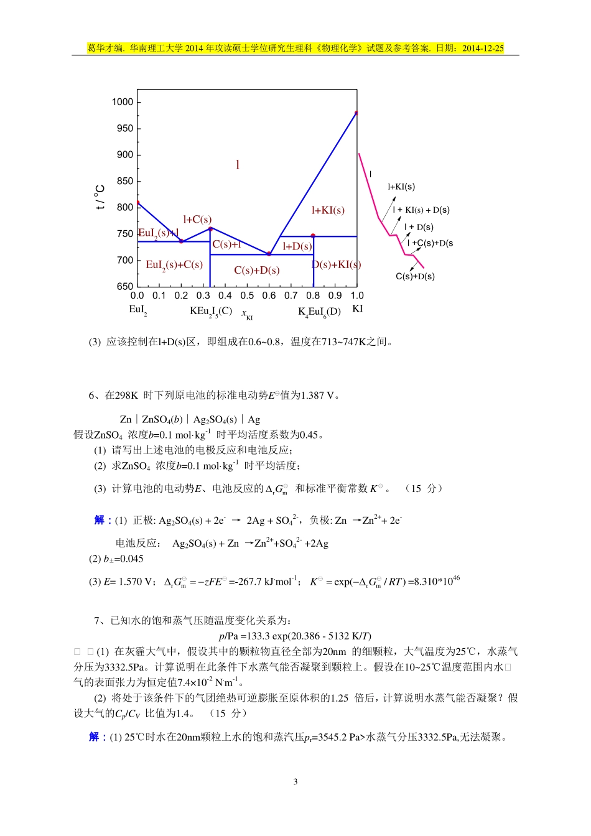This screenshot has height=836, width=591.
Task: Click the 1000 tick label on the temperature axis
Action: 123,102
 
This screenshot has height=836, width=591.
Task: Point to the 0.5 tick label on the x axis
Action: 247,296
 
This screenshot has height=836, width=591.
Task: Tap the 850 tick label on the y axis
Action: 124,181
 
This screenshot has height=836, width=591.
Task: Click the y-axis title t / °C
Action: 100,197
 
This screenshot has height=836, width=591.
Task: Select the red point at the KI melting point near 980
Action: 356,113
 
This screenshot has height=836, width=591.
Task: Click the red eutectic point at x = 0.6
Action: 269,254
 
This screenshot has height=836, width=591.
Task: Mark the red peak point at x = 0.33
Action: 210,229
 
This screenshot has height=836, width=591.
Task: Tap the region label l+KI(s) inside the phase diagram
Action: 328,210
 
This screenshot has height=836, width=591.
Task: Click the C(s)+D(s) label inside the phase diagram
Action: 257,270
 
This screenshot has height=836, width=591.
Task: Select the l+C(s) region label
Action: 197,219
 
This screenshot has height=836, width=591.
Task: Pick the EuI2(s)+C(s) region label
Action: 174,265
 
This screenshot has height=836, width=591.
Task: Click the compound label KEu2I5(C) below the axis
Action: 211,311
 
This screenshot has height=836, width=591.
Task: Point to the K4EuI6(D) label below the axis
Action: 319,312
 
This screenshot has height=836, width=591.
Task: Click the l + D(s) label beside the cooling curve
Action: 419,227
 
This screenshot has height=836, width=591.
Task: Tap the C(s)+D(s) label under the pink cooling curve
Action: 415,276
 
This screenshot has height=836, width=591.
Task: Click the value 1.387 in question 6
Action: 313,395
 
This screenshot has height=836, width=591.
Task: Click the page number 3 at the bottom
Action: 295,781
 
